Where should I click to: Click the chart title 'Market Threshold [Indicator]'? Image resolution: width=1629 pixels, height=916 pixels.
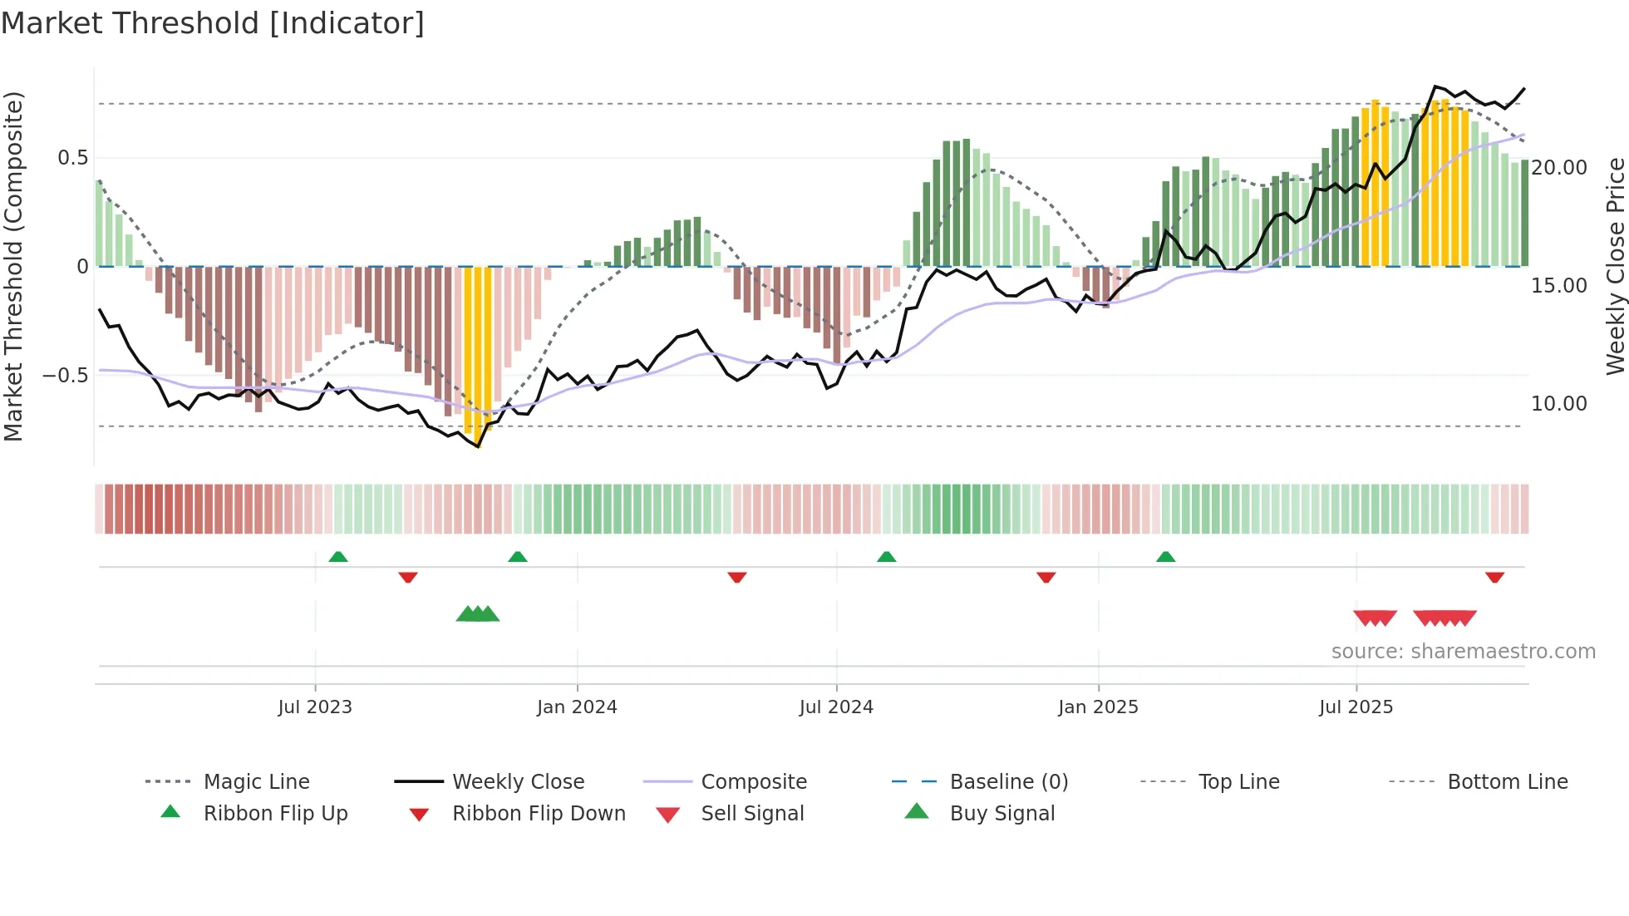[x=213, y=23]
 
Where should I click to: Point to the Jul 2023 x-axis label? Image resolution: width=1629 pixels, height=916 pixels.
[x=315, y=707]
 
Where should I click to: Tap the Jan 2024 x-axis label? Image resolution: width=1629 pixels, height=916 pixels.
[x=577, y=707]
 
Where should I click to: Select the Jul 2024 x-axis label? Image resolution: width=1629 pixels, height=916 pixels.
[x=836, y=707]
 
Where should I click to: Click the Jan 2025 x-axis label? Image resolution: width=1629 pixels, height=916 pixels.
[x=1098, y=707]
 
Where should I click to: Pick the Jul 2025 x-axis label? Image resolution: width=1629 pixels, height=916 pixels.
[x=1356, y=707]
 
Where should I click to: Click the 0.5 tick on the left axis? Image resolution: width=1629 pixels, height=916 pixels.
[x=72, y=158]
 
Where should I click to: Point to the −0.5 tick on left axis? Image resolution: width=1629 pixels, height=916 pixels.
[x=66, y=376]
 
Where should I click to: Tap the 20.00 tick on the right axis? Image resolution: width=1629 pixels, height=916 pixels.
[x=1559, y=168]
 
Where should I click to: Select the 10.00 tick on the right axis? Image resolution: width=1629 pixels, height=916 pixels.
[x=1559, y=404]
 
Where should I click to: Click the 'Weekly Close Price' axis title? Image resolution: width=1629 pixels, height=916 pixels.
[x=1615, y=266]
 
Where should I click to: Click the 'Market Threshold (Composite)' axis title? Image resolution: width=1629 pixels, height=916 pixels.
[x=13, y=266]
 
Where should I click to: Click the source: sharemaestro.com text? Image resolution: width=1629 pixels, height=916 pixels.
[x=1463, y=652]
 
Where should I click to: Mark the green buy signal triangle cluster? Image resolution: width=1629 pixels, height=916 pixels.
[x=478, y=614]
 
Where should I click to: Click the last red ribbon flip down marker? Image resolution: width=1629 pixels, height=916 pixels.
[x=1494, y=577]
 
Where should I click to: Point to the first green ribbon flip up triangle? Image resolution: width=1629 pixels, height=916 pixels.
[x=337, y=557]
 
